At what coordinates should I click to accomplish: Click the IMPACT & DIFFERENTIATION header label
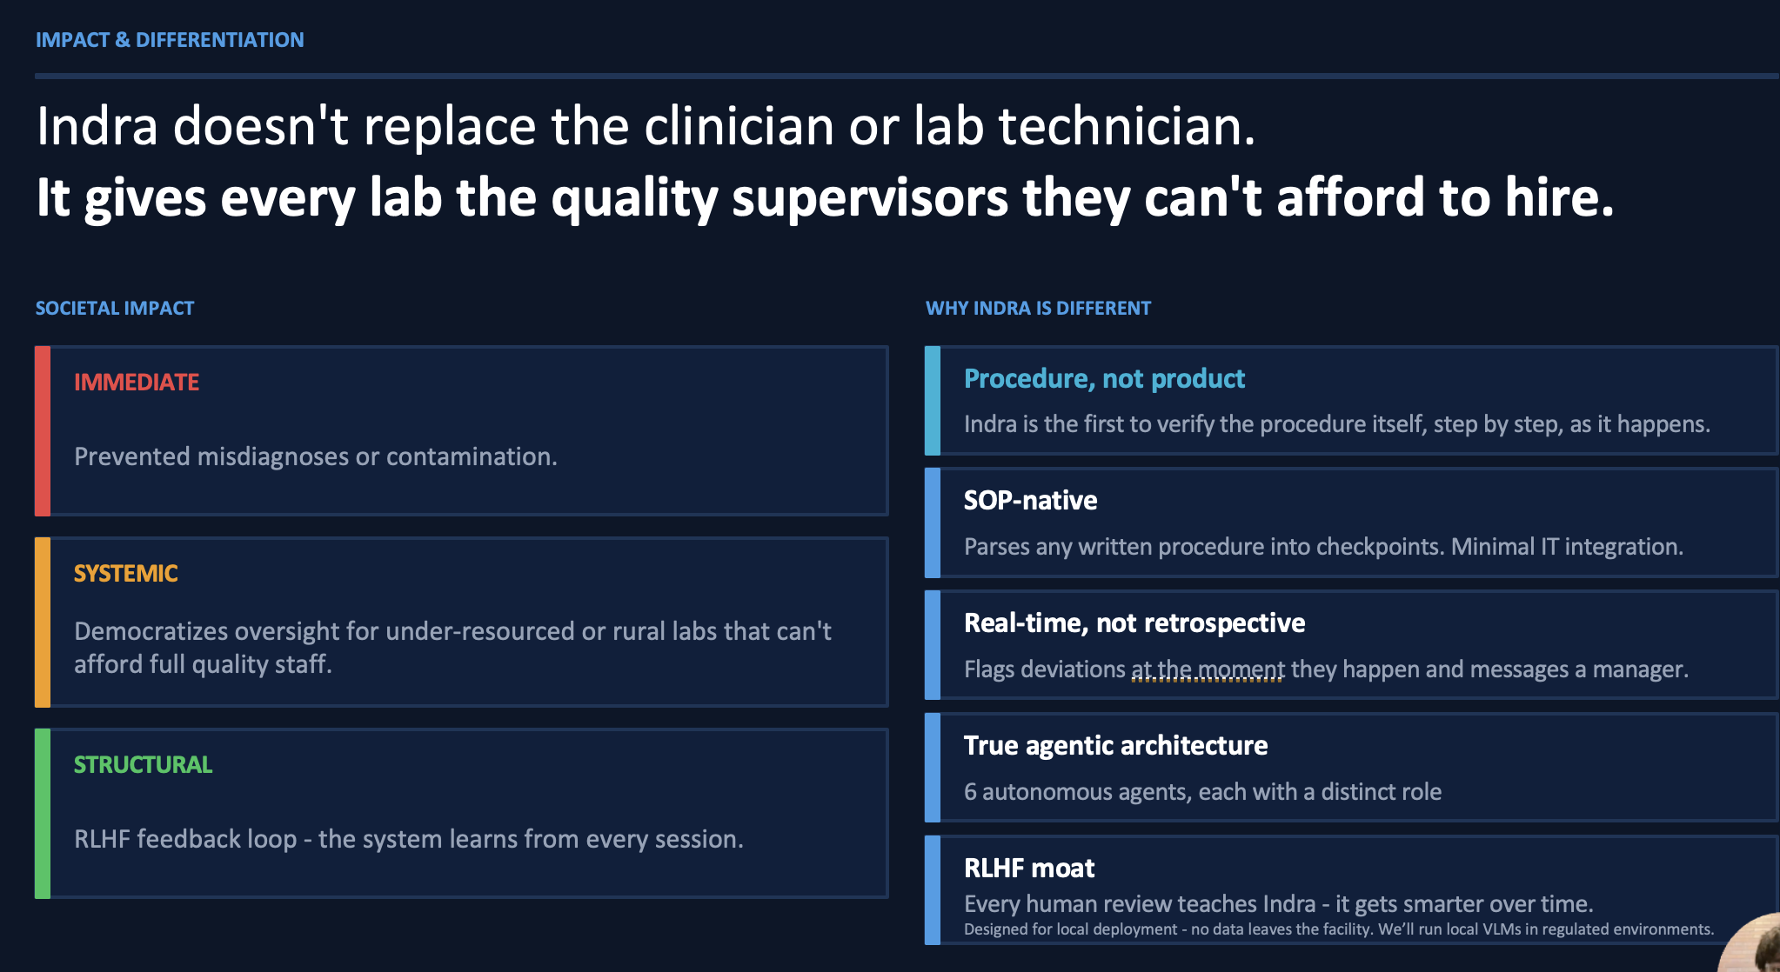coord(170,40)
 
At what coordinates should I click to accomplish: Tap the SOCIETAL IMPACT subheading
coord(115,309)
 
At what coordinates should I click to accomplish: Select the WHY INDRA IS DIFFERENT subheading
coord(1038,309)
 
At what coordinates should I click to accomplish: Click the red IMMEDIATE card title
coord(137,383)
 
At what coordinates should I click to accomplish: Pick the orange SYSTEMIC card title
coord(126,574)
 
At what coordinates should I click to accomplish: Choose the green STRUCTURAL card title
coord(144,765)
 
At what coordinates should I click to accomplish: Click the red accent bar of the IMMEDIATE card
coord(43,431)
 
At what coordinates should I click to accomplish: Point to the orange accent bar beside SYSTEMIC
coord(43,622)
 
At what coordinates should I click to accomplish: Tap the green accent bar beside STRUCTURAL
coord(43,814)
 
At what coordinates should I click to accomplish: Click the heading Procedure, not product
coord(1105,379)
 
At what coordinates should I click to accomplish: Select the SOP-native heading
coord(1031,501)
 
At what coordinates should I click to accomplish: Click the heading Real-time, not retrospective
coord(1134,623)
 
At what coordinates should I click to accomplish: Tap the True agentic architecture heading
coord(1116,746)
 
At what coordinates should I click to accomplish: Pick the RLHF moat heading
coord(1029,869)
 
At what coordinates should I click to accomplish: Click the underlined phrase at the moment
coord(1208,670)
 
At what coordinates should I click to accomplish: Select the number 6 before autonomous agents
coord(970,792)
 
